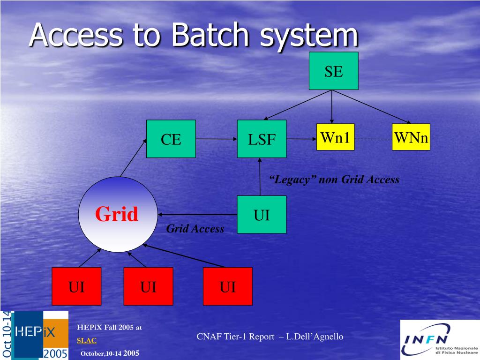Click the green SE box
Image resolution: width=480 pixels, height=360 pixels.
(x=333, y=71)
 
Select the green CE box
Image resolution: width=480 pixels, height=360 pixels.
(x=171, y=139)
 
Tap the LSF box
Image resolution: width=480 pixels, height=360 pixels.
(x=262, y=139)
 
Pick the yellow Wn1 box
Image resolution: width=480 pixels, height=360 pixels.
(x=335, y=137)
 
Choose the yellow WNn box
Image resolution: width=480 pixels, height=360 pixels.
(x=411, y=137)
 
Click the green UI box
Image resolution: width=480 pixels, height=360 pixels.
(x=262, y=215)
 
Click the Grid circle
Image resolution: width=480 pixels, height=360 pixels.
(x=118, y=215)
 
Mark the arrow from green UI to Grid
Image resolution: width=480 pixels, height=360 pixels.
(x=197, y=215)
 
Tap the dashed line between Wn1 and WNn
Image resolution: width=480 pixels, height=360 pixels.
(x=373, y=139)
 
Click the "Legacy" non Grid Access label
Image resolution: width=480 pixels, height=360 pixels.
(x=334, y=180)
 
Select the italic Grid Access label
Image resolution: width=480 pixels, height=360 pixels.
(x=195, y=229)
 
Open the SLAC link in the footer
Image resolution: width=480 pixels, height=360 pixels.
(x=87, y=340)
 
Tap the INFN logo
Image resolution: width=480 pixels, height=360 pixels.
(x=439, y=339)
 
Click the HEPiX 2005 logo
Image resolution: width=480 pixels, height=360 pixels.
(x=39, y=335)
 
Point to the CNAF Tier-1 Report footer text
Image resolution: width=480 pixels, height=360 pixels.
(x=270, y=337)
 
